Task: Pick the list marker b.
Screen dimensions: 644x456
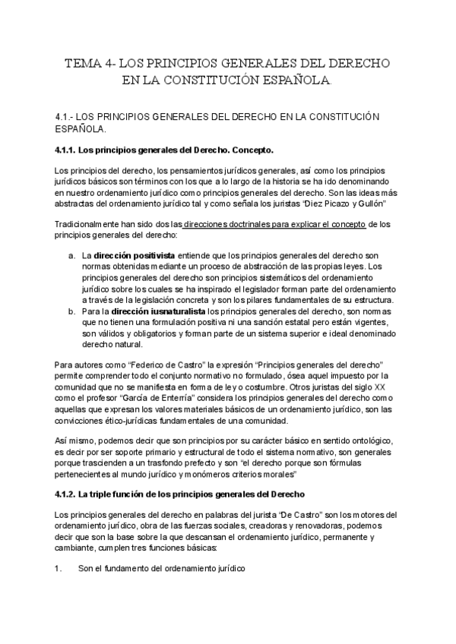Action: [x=71, y=311]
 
